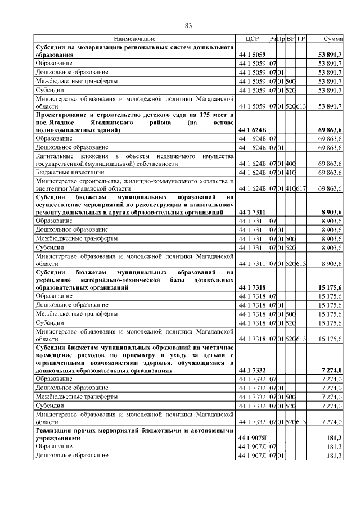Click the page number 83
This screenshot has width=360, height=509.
click(x=189, y=25)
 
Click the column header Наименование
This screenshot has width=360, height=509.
click(x=135, y=39)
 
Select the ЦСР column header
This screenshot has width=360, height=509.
click(x=251, y=39)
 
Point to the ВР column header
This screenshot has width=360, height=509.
click(x=291, y=39)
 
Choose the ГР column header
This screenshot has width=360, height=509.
click(x=301, y=39)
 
